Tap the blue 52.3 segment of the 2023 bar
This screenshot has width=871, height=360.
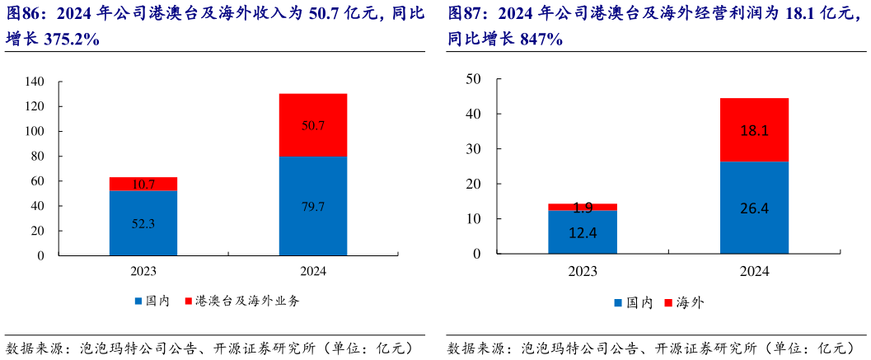[x=143, y=223]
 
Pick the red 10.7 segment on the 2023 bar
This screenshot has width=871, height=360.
[x=143, y=184]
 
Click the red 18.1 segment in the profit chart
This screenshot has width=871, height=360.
[x=754, y=130]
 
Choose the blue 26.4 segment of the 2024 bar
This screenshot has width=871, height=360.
[x=754, y=208]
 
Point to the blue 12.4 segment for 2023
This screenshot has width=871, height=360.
[x=583, y=232]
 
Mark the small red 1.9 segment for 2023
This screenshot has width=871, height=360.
[x=583, y=207]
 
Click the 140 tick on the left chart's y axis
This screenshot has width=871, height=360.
[x=35, y=82]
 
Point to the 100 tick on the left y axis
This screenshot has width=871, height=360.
[x=35, y=131]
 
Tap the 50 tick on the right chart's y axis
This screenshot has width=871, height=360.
[x=473, y=78]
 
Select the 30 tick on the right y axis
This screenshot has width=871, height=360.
[x=473, y=148]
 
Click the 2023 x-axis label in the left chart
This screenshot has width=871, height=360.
[x=143, y=271]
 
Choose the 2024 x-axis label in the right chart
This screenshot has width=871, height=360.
[x=754, y=271]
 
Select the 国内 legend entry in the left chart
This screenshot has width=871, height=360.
[x=157, y=301]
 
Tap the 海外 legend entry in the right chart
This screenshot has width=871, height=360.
[x=690, y=302]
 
